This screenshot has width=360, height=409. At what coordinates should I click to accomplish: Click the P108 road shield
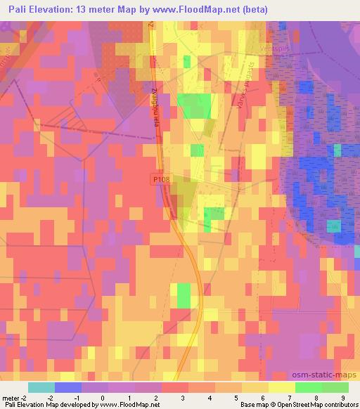click(x=162, y=181)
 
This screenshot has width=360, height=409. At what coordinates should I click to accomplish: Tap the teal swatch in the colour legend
click(x=41, y=387)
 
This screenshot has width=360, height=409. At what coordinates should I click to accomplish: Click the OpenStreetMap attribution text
click(x=320, y=405)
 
